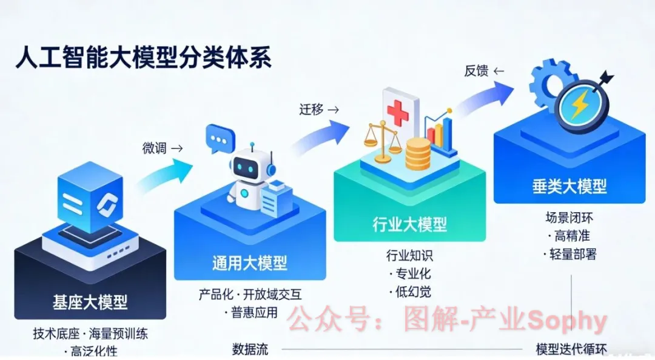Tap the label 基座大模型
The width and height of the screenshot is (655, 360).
click(90, 301)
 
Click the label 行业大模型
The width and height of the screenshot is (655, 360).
click(409, 224)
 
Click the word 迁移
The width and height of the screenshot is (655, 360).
click(311, 110)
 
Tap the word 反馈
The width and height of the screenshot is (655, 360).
click(476, 71)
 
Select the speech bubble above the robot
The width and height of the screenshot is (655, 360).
click(219, 139)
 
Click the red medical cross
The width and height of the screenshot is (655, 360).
click(398, 112)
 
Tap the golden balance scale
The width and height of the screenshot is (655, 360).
click(382, 141)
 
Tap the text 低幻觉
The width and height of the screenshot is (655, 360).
click(412, 292)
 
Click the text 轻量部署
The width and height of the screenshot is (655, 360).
click(572, 254)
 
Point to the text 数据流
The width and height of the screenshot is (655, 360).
click(250, 349)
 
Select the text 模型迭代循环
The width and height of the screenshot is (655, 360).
click(571, 350)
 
